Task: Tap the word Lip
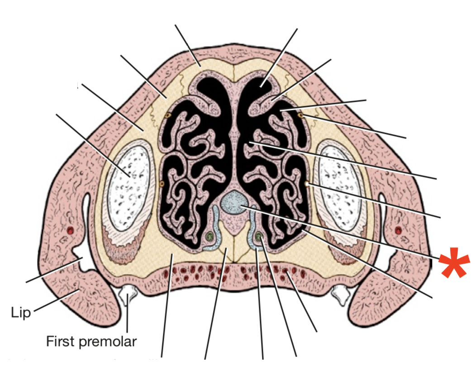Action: pos(21,313)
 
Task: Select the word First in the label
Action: pos(61,341)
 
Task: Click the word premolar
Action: pos(107,342)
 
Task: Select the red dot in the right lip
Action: pos(398,231)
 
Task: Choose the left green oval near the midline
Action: pos(209,236)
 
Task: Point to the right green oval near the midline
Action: pos(259,236)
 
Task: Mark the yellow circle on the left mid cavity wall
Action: pos(161,184)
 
